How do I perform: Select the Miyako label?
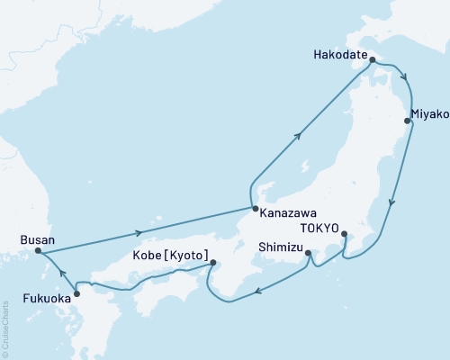[x=428, y=114]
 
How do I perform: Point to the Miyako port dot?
[x=408, y=121]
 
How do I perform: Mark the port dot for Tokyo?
[x=346, y=235]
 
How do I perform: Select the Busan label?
[x=37, y=240]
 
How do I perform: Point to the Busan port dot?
[x=37, y=253]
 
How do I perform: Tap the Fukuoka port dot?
[x=76, y=293]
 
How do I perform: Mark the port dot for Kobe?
[x=213, y=263]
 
